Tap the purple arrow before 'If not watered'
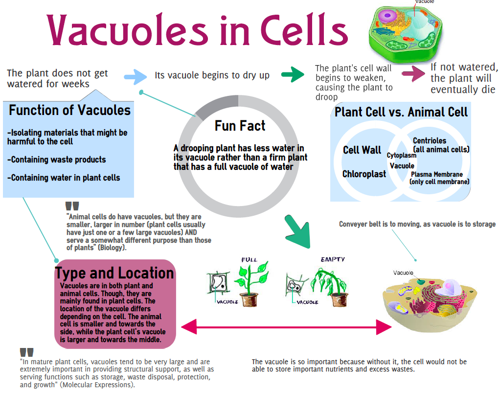coord(414,73)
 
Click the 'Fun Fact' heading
coord(240,126)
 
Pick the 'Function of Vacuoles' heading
coord(69,110)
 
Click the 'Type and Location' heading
coord(114,273)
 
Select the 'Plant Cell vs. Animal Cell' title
coord(401,112)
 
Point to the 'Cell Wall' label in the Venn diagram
coord(362,150)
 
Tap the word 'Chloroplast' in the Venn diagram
coord(364,174)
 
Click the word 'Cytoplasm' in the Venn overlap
coord(402,156)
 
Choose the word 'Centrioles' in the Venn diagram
coord(430,141)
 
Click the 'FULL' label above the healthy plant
coord(249,259)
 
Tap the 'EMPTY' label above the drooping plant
coord(333,259)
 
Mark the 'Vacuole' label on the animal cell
coord(403,273)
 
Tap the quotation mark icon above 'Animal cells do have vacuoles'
coord(72,207)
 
